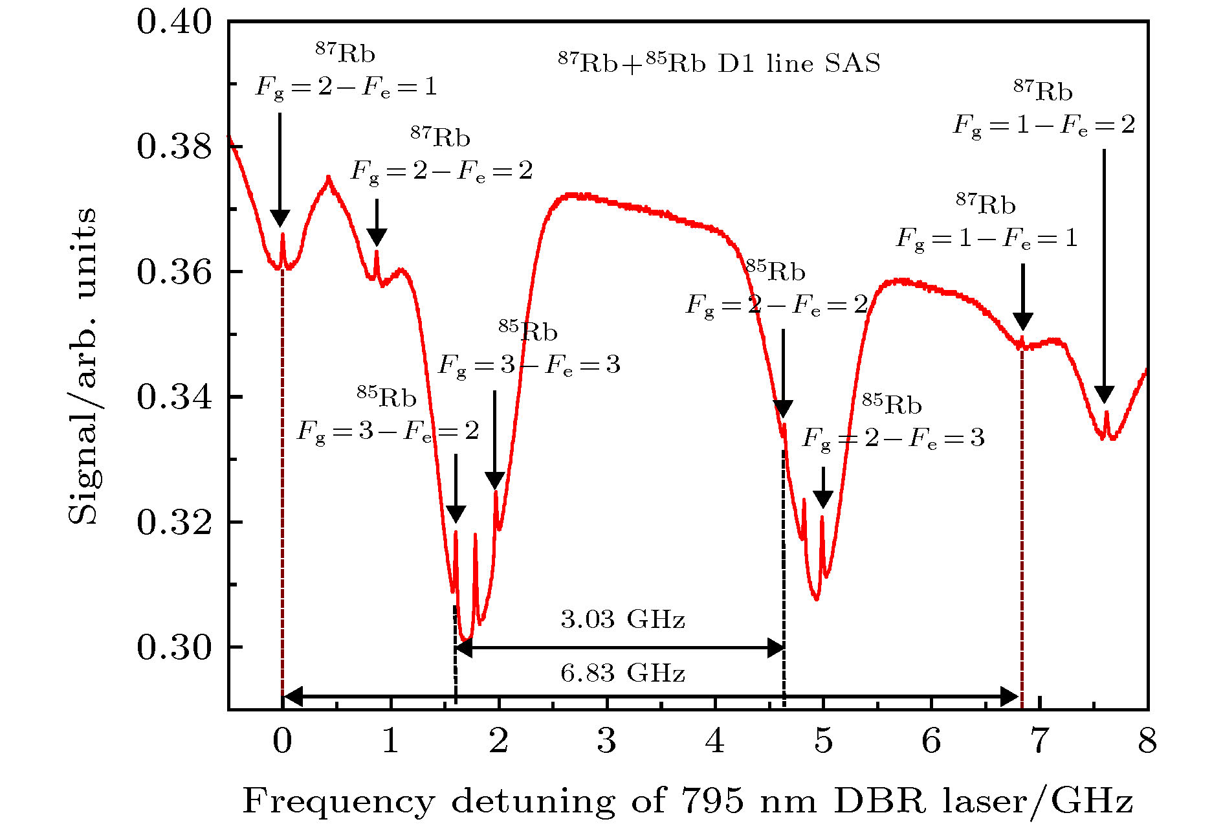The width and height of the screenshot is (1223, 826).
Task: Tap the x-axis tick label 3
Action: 606,741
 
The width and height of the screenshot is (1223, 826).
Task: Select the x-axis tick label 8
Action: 1147,741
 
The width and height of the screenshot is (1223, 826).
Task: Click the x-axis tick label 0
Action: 282,741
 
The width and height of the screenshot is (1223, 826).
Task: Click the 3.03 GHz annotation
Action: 623,619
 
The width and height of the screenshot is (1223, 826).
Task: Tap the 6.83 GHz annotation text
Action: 623,674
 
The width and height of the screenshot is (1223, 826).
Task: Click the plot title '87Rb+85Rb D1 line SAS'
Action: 719,63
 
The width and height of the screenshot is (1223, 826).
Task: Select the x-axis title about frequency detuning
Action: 687,801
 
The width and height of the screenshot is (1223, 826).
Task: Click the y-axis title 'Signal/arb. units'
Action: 83,366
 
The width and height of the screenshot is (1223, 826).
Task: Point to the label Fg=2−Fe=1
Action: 346,87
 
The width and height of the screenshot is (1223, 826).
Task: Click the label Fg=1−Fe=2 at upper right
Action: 1044,125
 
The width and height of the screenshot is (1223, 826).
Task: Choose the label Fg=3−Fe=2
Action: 388,431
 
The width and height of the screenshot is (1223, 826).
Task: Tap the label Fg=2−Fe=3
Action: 893,439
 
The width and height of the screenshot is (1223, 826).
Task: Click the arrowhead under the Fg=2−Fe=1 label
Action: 280,219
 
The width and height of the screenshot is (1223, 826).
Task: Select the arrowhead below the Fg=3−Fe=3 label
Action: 494,480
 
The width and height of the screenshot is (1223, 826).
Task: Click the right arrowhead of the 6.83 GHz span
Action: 1009,697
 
